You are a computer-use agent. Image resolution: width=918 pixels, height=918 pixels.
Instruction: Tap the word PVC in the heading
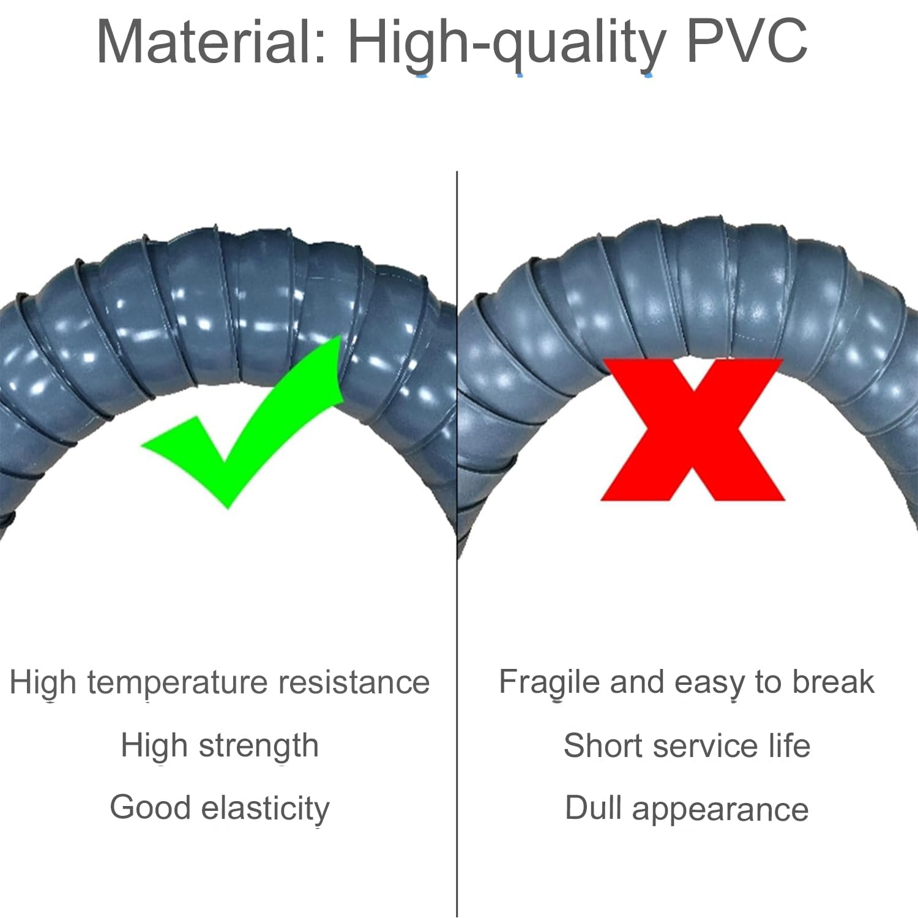(x=747, y=41)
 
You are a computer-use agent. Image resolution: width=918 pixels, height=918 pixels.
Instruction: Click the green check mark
(x=242, y=422)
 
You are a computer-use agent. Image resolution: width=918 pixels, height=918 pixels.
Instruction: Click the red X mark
(x=693, y=430)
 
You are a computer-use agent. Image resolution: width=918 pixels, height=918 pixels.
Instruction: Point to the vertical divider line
(x=457, y=544)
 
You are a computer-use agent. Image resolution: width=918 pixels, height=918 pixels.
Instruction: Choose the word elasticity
(x=266, y=810)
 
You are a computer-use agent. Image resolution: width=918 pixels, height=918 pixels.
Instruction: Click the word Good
(x=151, y=807)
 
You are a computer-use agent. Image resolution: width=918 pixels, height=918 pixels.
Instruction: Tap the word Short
(x=603, y=745)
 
